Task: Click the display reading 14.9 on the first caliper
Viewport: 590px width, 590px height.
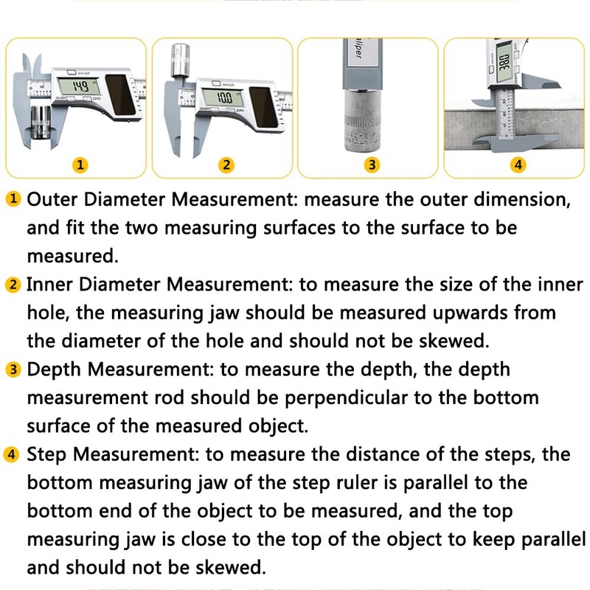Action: click(76, 87)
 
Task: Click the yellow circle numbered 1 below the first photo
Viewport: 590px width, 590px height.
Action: click(80, 164)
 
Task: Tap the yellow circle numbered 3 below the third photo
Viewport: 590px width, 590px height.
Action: click(372, 164)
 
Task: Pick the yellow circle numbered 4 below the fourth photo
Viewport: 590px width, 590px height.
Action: click(518, 164)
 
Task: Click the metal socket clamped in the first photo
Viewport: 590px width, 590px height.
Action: click(40, 122)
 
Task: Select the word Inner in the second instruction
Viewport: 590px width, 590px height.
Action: click(49, 284)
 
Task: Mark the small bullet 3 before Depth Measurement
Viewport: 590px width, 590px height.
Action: click(13, 369)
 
